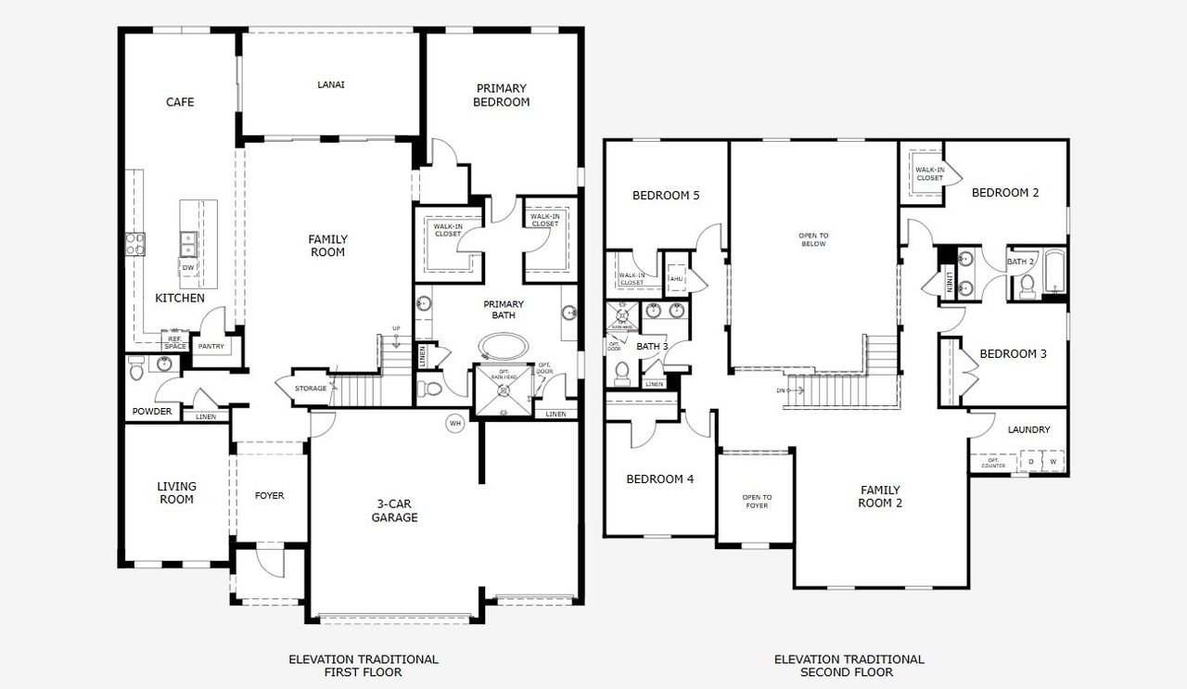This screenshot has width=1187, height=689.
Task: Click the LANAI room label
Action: coord(331,84)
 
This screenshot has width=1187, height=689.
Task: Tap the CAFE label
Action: coord(180,102)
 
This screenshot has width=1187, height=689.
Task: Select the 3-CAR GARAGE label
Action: coord(395,511)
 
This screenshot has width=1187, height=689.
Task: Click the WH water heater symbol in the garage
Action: coord(454,423)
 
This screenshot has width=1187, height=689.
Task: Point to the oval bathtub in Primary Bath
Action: coord(505,347)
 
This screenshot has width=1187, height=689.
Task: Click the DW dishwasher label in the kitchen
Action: coord(188,268)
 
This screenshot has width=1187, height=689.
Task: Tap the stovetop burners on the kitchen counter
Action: coord(135,244)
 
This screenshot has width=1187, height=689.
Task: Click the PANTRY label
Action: coord(211,347)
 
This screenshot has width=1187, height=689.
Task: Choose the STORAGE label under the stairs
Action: coord(311,389)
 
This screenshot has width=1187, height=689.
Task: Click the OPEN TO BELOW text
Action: coord(813,240)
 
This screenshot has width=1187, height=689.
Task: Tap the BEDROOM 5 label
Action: coord(666,196)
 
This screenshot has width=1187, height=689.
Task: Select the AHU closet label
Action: coord(676,277)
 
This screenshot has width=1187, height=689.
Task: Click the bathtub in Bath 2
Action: coord(1055,272)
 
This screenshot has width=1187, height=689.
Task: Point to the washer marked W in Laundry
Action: coord(1053,461)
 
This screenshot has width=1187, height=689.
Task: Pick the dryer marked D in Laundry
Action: coord(1030,461)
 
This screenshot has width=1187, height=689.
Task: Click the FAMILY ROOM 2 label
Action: coord(880,497)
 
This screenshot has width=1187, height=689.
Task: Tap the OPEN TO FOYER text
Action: coord(757,502)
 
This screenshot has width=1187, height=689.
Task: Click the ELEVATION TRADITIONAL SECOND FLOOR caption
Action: coord(849,666)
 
